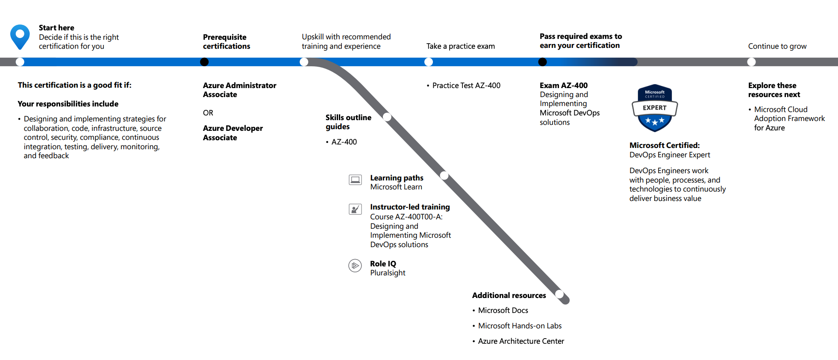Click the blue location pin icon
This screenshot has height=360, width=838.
pyautogui.click(x=20, y=36)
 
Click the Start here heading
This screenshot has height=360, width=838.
pyautogui.click(x=56, y=28)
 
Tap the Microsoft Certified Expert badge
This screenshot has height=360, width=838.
pyautogui.click(x=655, y=108)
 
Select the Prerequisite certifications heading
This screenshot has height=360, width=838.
pyautogui.click(x=226, y=41)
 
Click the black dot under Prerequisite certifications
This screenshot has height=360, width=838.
pyautogui.click(x=204, y=62)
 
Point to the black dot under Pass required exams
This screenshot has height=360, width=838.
pyautogui.click(x=542, y=62)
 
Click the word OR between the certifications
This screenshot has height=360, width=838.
pyautogui.click(x=208, y=113)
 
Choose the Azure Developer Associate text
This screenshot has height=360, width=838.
pyautogui.click(x=232, y=133)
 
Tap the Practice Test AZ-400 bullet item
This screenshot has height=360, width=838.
pyautogui.click(x=466, y=86)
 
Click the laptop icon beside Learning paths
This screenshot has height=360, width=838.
pyautogui.click(x=355, y=180)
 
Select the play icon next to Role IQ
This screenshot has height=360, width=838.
pyautogui.click(x=355, y=266)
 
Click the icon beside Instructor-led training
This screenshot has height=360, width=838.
pyautogui.click(x=355, y=209)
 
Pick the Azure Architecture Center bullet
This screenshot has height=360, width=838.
pyautogui.click(x=520, y=341)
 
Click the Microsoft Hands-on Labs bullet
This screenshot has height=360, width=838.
pyautogui.click(x=519, y=326)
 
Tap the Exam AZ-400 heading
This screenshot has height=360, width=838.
pyautogui.click(x=563, y=86)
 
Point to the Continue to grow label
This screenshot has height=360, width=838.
pyautogui.click(x=777, y=46)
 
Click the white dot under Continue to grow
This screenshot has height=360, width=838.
pyautogui.click(x=751, y=62)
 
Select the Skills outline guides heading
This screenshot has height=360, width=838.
pyautogui.click(x=348, y=122)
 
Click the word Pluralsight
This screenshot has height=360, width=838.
pyautogui.click(x=388, y=273)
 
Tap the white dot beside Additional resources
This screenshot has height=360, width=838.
pyautogui.click(x=559, y=294)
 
